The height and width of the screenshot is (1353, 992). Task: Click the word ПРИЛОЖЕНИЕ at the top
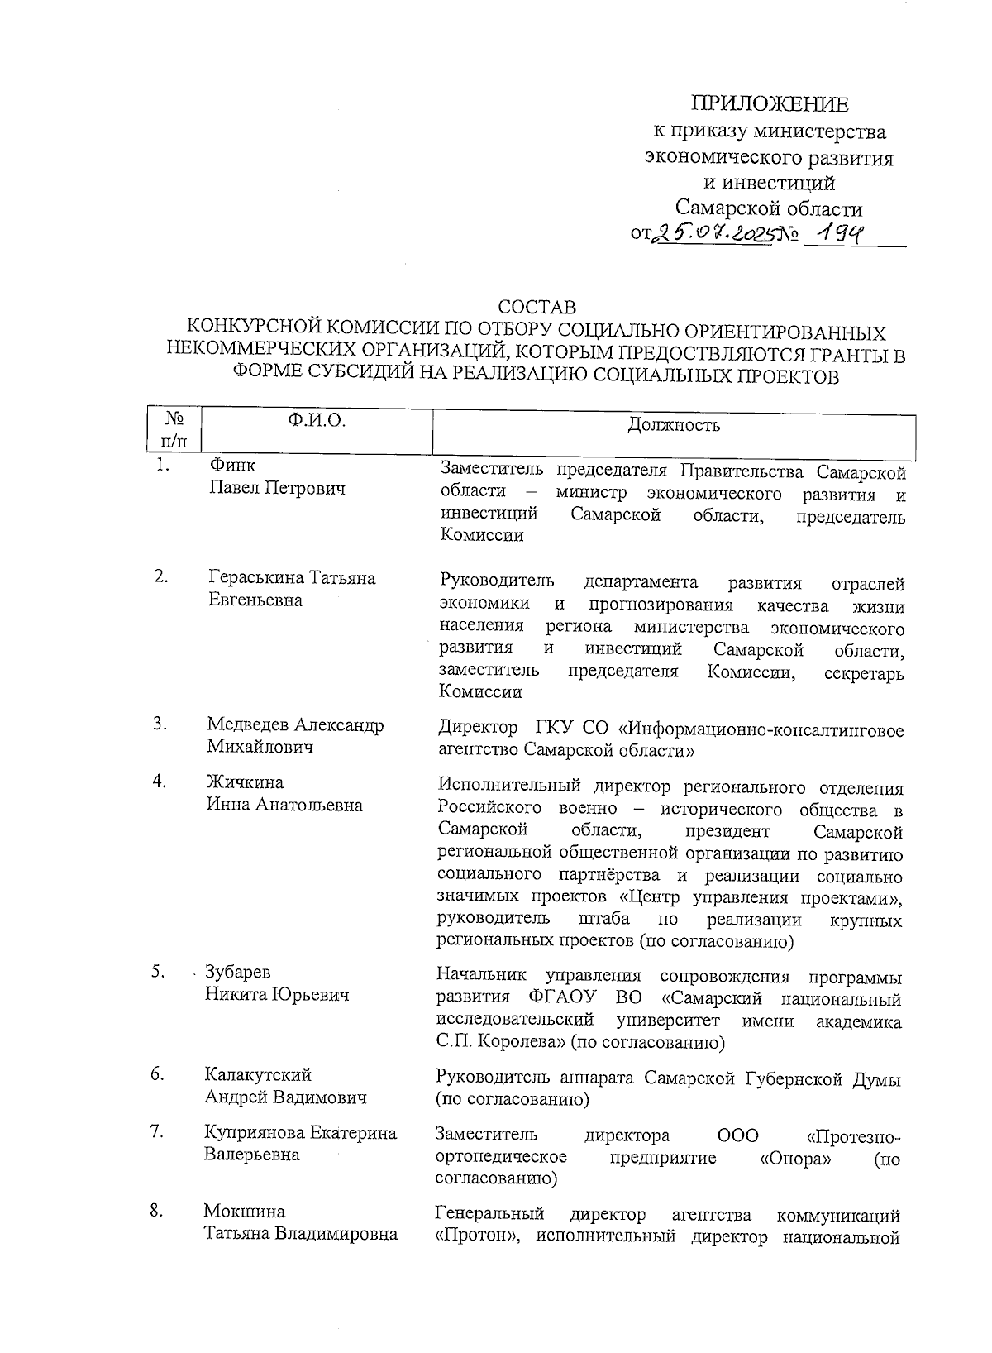tap(769, 104)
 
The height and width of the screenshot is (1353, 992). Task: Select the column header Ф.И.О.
tap(316, 421)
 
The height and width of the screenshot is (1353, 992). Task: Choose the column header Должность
tap(674, 425)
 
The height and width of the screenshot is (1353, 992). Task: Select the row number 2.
tap(161, 577)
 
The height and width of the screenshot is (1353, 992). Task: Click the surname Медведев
tap(249, 725)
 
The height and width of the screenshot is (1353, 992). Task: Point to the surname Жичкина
tap(245, 782)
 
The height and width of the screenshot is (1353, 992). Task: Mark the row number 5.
tap(159, 972)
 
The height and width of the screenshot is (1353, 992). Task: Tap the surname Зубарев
tap(238, 972)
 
